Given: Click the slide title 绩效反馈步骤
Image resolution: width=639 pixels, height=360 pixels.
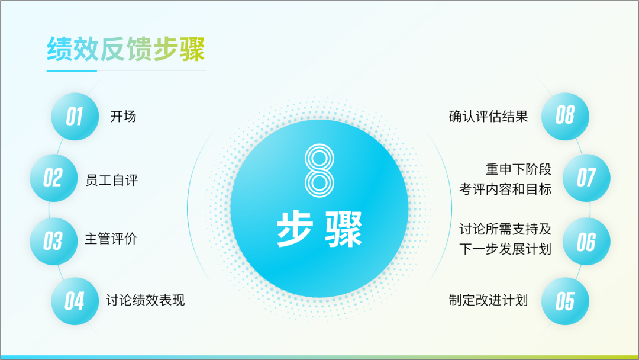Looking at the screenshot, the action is pyautogui.click(x=125, y=49).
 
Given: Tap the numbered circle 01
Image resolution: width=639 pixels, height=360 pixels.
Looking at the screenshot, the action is pyautogui.click(x=75, y=117).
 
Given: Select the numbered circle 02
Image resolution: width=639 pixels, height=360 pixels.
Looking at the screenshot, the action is pyautogui.click(x=54, y=178).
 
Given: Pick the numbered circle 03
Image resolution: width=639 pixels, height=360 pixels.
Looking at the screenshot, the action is pyautogui.click(x=54, y=242).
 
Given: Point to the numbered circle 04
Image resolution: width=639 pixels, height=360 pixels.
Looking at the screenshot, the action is pyautogui.click(x=75, y=301).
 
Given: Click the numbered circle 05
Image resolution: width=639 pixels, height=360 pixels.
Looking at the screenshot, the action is pyautogui.click(x=565, y=301).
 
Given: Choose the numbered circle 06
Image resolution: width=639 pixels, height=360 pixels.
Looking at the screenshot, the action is pyautogui.click(x=586, y=242).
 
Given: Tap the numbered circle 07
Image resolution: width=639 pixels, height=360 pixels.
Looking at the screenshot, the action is pyautogui.click(x=586, y=178).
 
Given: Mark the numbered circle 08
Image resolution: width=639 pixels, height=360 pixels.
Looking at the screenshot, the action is pyautogui.click(x=565, y=117).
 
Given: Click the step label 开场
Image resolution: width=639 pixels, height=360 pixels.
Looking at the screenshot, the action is pyautogui.click(x=123, y=117).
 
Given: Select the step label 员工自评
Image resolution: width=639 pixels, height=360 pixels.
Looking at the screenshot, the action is pyautogui.click(x=112, y=180).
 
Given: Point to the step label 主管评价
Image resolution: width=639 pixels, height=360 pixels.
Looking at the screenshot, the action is pyautogui.click(x=111, y=239).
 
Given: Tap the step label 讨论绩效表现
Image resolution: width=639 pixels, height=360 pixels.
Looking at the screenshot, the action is pyautogui.click(x=146, y=300).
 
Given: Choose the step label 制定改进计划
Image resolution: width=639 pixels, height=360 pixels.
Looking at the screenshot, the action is pyautogui.click(x=488, y=300).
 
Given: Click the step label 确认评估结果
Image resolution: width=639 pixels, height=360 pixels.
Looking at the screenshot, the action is pyautogui.click(x=488, y=117).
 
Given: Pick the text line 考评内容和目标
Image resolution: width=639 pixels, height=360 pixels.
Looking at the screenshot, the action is pyautogui.click(x=505, y=189).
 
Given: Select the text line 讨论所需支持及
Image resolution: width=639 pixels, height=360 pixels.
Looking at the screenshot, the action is pyautogui.click(x=505, y=229).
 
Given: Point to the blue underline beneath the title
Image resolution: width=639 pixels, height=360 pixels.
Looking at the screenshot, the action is pyautogui.click(x=72, y=70).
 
